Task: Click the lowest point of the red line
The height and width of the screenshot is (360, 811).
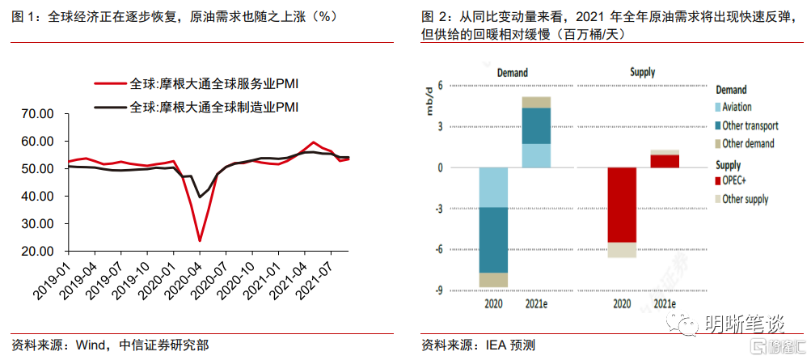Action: tap(199, 240)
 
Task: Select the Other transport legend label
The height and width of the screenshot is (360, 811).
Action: tap(750, 125)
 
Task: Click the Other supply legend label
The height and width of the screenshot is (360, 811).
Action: tap(745, 199)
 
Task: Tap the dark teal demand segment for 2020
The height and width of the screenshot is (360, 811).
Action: tap(493, 239)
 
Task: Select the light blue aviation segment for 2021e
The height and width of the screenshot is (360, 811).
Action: tap(536, 155)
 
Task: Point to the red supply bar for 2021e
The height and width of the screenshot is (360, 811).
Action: tap(665, 160)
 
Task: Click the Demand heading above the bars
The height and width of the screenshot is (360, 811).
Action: tap(513, 73)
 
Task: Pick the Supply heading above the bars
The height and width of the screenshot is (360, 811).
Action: tap(643, 73)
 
